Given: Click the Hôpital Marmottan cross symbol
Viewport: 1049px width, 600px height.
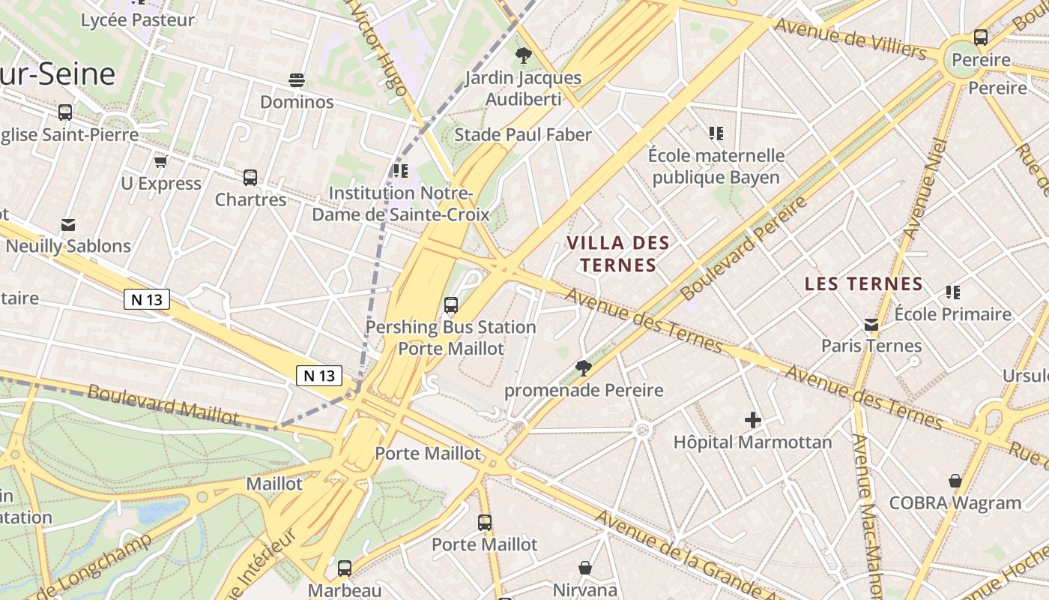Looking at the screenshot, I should click(753, 420).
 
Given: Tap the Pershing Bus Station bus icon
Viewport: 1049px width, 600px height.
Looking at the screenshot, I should click(451, 305).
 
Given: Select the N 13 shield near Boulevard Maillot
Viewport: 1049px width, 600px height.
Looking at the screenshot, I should click(319, 376).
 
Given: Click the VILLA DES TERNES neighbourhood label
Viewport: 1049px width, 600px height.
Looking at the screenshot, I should click(618, 254).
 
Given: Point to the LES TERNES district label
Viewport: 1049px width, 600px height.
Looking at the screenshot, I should click(863, 284).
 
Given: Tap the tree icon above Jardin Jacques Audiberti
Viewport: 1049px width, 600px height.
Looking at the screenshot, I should click(524, 55).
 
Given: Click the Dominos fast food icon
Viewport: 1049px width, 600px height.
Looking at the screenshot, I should click(297, 79).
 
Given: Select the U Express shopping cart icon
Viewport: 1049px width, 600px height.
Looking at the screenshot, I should click(160, 161).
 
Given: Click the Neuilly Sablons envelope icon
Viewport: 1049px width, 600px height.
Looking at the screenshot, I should click(68, 224).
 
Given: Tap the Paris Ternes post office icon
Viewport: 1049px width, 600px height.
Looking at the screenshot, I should click(871, 324).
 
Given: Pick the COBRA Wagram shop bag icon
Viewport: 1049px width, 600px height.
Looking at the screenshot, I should click(955, 480).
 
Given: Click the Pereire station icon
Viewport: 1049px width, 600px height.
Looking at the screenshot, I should click(980, 37).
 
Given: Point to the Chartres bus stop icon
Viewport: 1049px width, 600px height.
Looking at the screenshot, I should click(250, 178).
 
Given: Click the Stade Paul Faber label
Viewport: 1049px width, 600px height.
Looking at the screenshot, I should click(523, 135).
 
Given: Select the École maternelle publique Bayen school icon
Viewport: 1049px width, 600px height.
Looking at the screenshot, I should click(716, 133).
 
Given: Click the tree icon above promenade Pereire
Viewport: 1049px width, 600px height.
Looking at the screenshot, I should click(583, 367).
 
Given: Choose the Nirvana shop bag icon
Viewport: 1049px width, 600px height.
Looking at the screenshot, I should click(585, 568).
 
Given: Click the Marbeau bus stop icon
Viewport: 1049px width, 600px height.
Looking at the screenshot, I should click(345, 568).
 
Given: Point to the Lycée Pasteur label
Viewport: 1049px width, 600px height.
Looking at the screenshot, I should click(138, 20).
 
